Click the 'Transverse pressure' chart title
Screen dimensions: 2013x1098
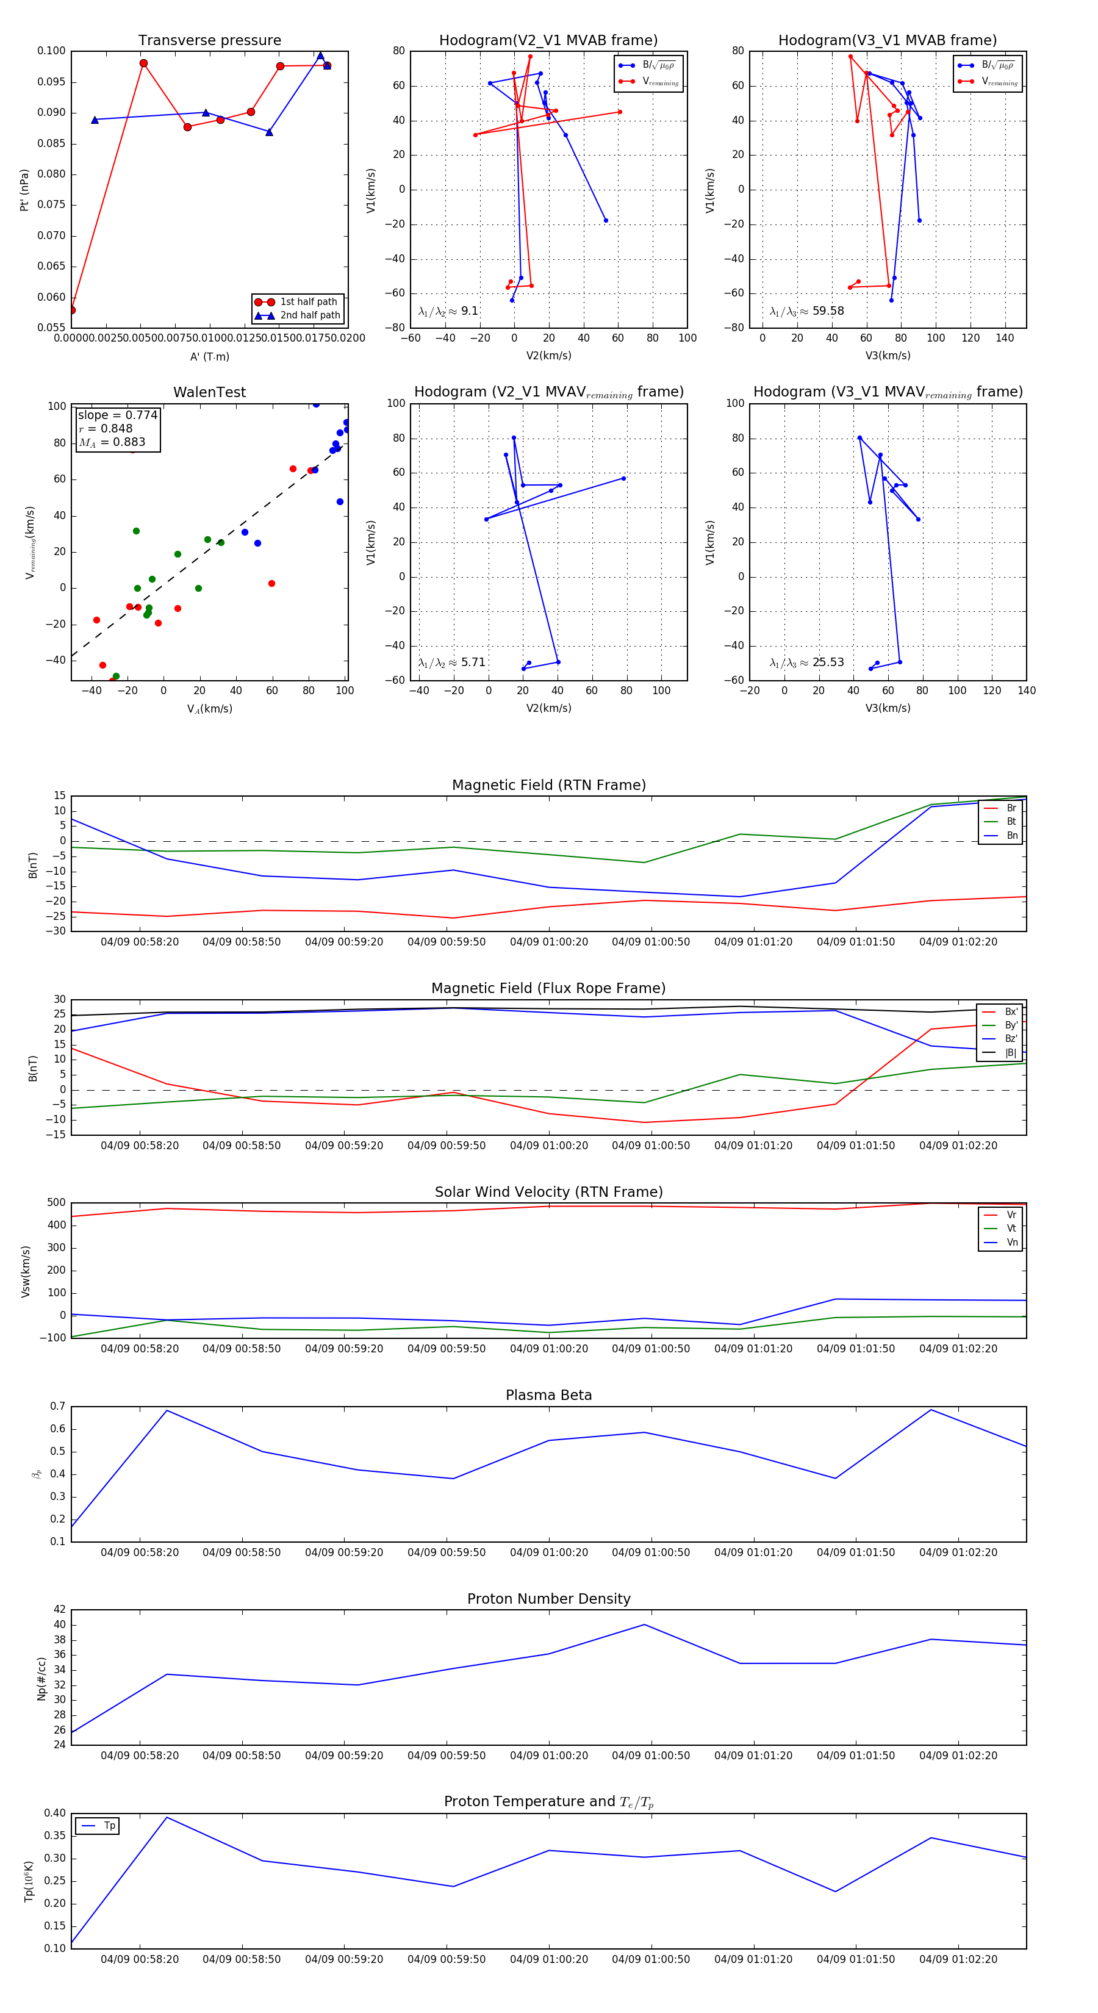(209, 41)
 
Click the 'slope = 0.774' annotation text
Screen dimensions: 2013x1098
(117, 415)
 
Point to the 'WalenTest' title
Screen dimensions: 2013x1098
(209, 392)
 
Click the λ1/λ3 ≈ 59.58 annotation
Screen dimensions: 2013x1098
(806, 311)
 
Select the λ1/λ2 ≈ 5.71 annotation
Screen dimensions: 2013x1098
(451, 662)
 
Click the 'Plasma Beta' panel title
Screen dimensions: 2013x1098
(548, 1395)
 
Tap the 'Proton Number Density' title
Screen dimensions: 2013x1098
(548, 1599)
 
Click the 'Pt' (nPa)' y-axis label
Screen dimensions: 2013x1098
(24, 190)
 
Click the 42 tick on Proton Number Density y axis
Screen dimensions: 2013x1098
(59, 1610)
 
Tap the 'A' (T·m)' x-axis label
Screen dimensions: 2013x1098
(209, 357)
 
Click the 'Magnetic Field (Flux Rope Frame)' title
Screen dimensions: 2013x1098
(548, 989)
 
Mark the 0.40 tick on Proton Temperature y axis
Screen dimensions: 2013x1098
(55, 1813)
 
